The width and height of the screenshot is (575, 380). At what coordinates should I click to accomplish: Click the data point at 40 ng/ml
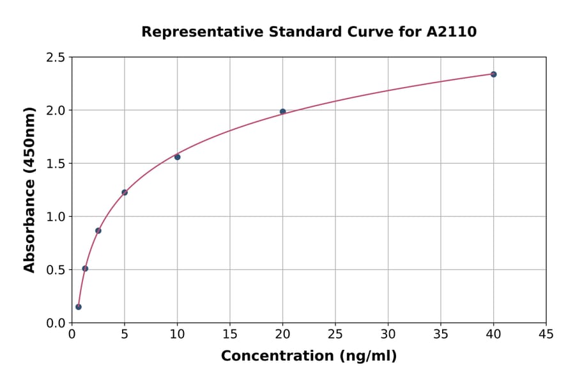click(x=493, y=74)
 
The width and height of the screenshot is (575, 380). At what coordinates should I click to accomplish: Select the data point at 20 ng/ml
click(x=282, y=112)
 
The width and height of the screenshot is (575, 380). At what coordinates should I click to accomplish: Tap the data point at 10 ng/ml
click(x=177, y=157)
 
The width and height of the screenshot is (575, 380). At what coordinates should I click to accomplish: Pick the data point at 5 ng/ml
click(x=125, y=193)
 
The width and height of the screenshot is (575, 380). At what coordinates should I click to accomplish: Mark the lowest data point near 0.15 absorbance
click(x=79, y=307)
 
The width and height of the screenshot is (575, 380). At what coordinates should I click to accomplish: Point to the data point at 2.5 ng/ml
click(x=98, y=230)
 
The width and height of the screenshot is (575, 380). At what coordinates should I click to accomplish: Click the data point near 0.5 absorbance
click(x=85, y=269)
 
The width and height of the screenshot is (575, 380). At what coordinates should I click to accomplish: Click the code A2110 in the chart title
click(x=451, y=32)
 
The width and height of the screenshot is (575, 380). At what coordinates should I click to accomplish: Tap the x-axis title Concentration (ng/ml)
click(x=309, y=356)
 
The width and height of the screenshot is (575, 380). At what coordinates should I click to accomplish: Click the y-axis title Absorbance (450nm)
click(x=29, y=189)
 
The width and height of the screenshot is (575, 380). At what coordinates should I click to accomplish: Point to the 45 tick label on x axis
click(x=546, y=333)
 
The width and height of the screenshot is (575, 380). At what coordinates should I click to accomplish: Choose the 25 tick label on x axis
click(x=335, y=333)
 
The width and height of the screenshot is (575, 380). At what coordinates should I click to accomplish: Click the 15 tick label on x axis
click(x=230, y=333)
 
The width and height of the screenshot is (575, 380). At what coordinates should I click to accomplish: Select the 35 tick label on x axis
click(x=441, y=333)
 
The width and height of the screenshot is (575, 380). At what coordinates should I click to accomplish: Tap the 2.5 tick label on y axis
click(x=56, y=58)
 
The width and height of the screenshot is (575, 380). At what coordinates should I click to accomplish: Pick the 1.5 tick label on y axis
click(x=56, y=164)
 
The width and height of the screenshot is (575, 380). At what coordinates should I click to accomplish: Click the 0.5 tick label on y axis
click(x=56, y=270)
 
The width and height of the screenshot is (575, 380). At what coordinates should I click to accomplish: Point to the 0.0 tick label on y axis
click(x=56, y=323)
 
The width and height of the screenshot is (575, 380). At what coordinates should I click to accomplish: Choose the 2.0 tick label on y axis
click(x=56, y=111)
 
